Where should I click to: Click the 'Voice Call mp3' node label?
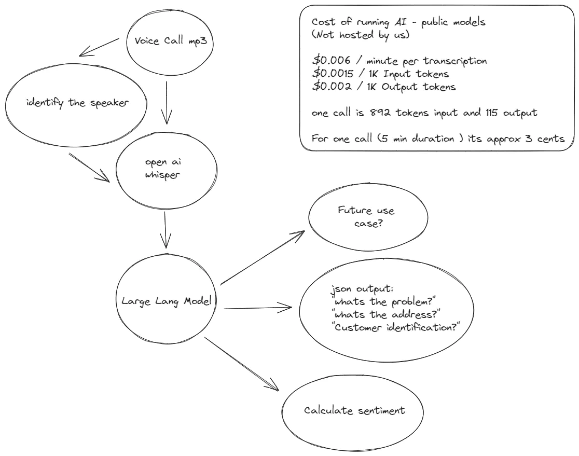[x=171, y=40]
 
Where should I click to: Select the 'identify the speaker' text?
[x=77, y=103]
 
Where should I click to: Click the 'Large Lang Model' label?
[x=167, y=301]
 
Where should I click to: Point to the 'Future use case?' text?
[x=366, y=217]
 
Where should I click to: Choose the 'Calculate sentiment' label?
[x=354, y=410]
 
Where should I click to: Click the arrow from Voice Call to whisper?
[x=167, y=103]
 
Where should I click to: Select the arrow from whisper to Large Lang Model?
[x=165, y=230]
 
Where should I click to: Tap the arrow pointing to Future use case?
[x=263, y=258]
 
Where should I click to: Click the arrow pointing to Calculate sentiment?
[x=241, y=364]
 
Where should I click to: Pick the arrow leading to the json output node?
[x=258, y=308]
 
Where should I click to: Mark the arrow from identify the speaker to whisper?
[x=89, y=168]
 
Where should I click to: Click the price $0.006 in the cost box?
[x=331, y=60]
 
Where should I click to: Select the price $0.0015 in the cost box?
[x=333, y=73]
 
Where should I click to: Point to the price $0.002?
[x=332, y=86]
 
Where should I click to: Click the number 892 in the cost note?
[x=380, y=112]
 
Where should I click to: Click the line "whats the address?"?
[x=386, y=314]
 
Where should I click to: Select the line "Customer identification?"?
[x=396, y=327]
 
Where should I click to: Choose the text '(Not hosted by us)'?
[x=361, y=35]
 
